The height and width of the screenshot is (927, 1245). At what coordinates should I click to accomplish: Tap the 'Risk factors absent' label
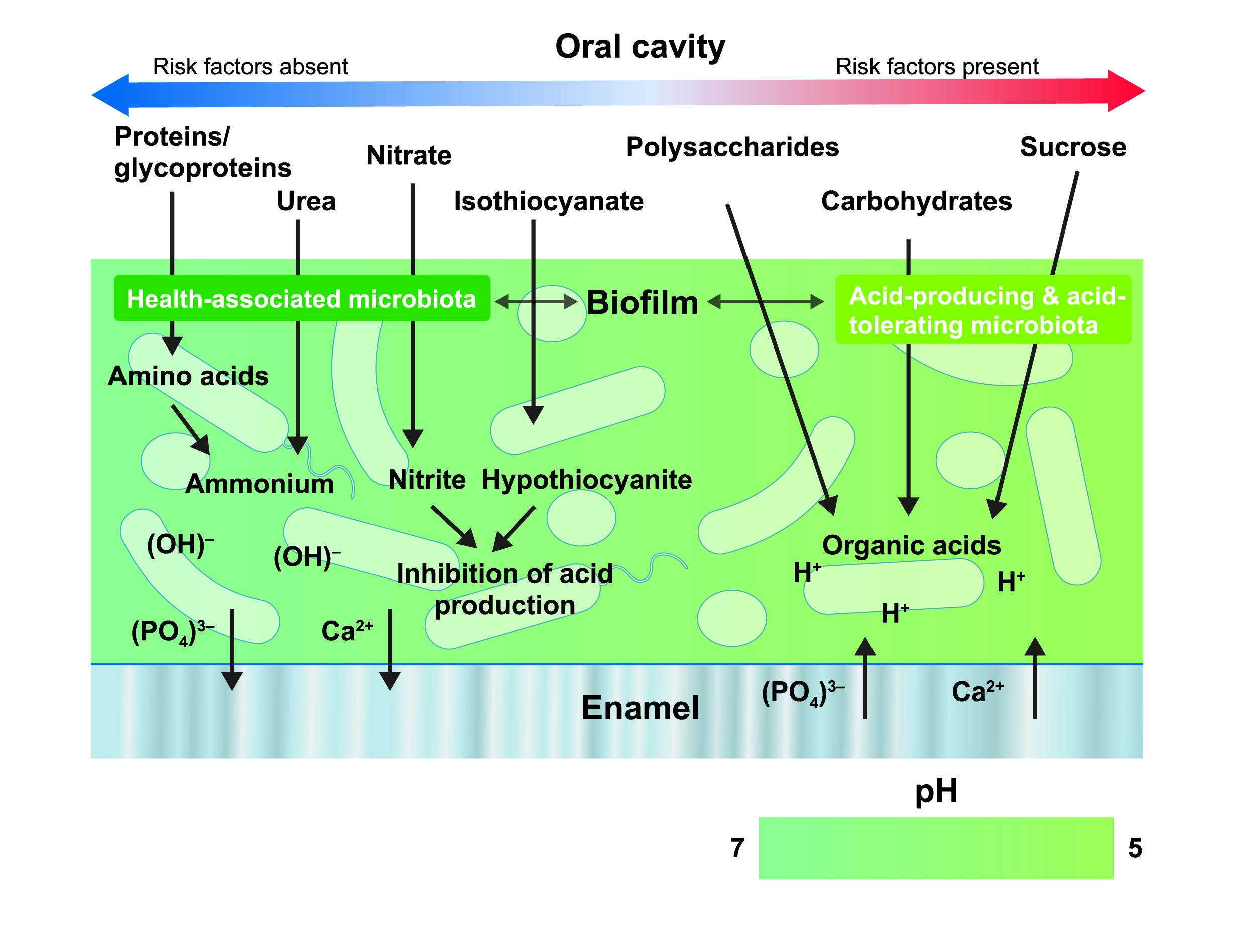(x=250, y=67)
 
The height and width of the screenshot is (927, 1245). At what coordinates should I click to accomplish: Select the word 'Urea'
(x=306, y=201)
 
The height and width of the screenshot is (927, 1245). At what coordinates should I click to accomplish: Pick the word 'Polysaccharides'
(x=732, y=147)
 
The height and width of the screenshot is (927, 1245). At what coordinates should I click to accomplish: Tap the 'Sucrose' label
(x=1072, y=147)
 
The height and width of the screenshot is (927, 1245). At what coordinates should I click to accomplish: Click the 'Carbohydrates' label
(x=916, y=201)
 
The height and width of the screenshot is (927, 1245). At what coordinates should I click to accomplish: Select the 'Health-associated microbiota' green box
(x=301, y=298)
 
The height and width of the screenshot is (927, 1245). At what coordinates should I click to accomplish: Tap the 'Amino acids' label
(x=188, y=376)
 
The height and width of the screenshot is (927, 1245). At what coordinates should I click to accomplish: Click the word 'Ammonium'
(x=259, y=483)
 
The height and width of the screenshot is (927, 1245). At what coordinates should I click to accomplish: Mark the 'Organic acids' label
(x=911, y=545)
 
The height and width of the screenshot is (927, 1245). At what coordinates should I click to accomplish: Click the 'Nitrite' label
(x=427, y=479)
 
